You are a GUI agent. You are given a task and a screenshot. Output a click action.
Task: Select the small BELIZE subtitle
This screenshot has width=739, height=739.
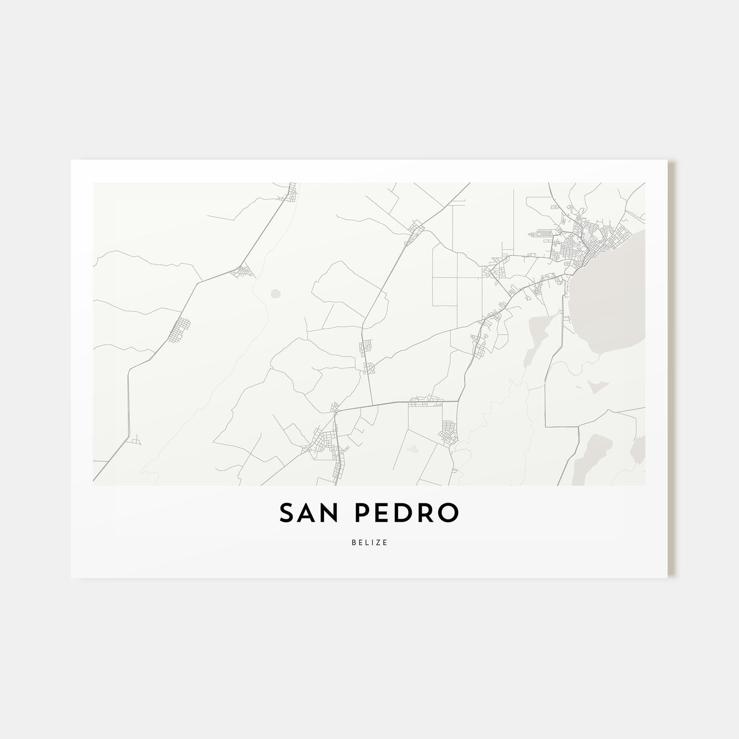[x=369, y=543]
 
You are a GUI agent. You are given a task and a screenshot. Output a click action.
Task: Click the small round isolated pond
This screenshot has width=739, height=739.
[x=274, y=293]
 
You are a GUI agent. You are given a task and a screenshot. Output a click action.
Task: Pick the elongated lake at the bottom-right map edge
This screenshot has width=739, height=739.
[x=591, y=454]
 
